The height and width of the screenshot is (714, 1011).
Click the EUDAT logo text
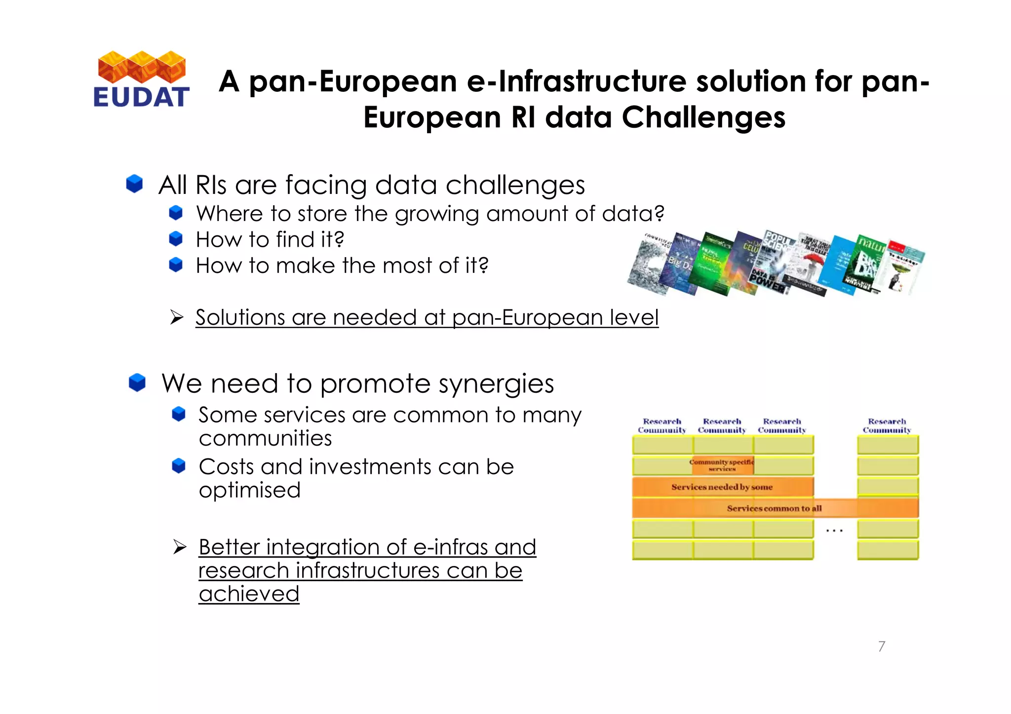(141, 97)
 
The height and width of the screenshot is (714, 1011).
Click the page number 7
(882, 646)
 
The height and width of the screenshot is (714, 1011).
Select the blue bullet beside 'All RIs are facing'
(134, 184)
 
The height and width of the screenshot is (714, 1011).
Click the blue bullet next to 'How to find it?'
(176, 239)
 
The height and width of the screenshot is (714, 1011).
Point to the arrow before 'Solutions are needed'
(177, 317)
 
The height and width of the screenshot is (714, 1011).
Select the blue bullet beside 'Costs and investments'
(178, 466)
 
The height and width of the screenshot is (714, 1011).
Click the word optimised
(249, 490)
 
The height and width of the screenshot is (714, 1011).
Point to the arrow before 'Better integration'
(180, 547)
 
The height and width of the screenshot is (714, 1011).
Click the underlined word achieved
(249, 594)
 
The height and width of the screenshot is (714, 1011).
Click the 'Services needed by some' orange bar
(722, 487)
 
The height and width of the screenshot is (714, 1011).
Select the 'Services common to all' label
(774, 508)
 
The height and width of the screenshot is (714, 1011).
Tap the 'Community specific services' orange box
(722, 465)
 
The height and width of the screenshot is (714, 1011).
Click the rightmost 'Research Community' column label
(887, 425)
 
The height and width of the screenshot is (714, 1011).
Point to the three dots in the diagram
(834, 531)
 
